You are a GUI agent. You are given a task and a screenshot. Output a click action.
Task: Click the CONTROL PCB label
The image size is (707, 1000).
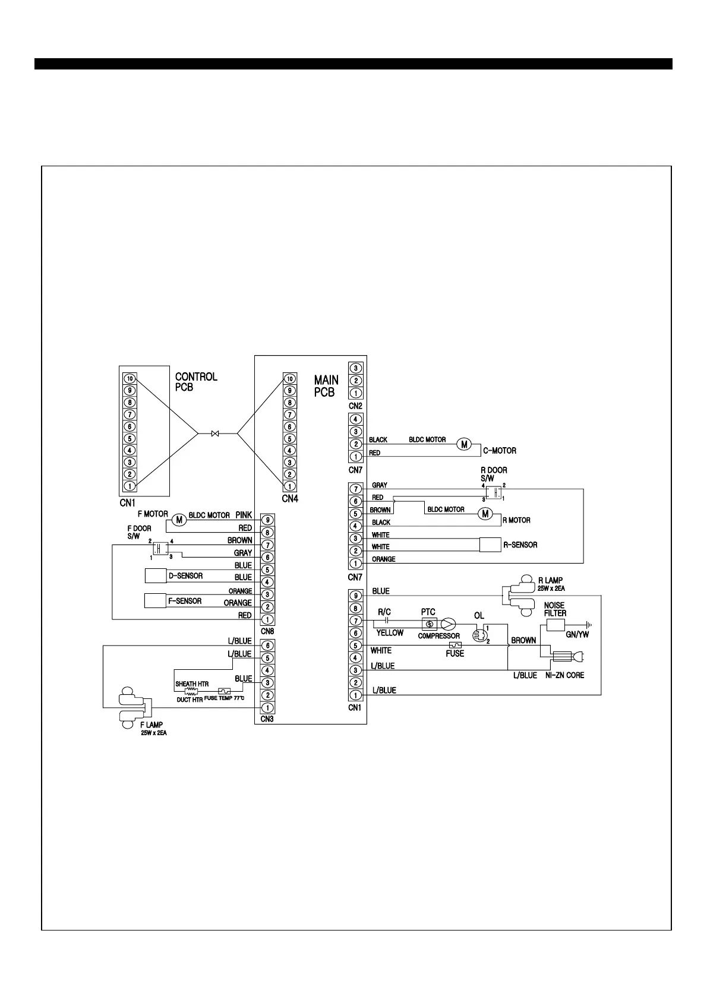coord(196,382)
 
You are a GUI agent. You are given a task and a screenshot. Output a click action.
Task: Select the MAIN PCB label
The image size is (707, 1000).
coord(326,386)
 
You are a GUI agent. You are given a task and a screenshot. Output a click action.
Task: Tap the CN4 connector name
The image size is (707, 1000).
coord(289,499)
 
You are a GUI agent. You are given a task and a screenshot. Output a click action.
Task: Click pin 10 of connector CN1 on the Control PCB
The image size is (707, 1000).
coord(130,378)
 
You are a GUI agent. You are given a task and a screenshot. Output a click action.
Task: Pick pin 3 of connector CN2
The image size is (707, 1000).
coord(355,368)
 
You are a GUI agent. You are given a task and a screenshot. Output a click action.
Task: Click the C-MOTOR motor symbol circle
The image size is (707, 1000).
coord(464,444)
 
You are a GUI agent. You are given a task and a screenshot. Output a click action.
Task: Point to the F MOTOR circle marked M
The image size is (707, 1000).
coord(179,520)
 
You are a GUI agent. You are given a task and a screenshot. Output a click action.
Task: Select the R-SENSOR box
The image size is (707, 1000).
coord(490,545)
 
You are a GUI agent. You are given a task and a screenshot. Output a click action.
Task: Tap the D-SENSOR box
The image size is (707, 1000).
coord(156,576)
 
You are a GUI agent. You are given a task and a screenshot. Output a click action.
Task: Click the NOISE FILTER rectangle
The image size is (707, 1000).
coord(555,625)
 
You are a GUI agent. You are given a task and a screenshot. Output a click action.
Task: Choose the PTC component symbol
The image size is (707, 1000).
coord(429,624)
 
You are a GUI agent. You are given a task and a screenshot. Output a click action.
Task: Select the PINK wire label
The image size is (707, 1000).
coord(244,515)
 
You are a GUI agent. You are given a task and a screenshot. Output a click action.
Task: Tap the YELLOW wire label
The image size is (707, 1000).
coord(390,633)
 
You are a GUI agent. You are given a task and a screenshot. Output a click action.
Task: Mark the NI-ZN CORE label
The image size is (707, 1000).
coord(564,675)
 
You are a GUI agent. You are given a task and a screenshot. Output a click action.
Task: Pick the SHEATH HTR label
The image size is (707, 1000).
coord(191,684)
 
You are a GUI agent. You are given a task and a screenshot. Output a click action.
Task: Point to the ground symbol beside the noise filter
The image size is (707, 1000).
coord(589,625)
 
